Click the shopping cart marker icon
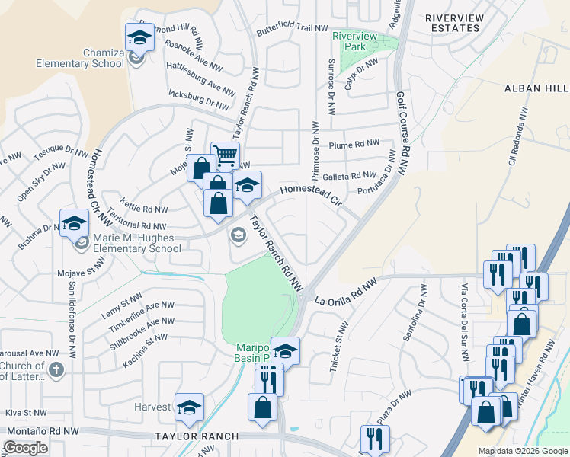[225, 156]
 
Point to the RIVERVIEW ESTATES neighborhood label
[453, 23]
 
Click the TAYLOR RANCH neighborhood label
[197, 436]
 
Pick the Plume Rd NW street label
[354, 144]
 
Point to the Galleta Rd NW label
[348, 175]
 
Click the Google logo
[25, 448]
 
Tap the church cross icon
[55, 370]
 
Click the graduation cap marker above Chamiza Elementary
[139, 37]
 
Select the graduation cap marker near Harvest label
[189, 407]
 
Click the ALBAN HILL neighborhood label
[536, 88]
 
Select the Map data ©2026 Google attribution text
[524, 451]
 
